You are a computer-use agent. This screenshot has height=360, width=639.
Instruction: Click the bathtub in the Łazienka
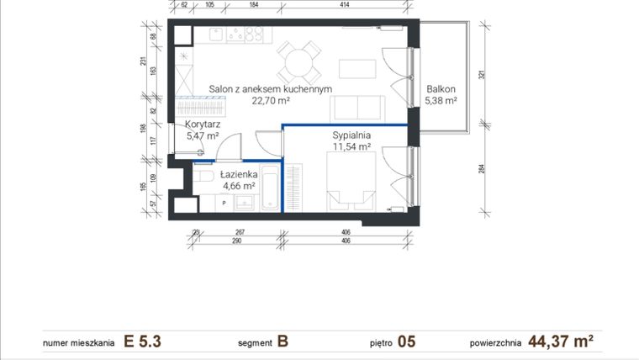270,189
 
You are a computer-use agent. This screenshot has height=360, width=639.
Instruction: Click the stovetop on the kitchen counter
246,34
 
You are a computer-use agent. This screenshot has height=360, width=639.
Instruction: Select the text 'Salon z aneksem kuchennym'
271,88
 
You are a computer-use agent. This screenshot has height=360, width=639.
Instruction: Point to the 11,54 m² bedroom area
352,146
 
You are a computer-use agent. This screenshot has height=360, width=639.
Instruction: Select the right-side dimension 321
482,75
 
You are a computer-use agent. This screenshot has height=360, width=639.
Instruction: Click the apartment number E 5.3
141,341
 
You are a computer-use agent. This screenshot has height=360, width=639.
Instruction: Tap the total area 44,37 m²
561,341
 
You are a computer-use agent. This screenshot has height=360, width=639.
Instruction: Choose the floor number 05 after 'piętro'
407,341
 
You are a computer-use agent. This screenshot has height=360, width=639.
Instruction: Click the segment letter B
283,341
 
